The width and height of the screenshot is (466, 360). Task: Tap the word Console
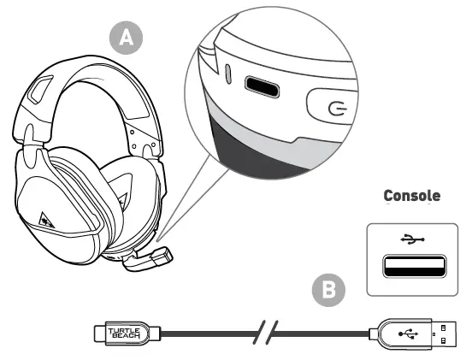click(412, 196)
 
